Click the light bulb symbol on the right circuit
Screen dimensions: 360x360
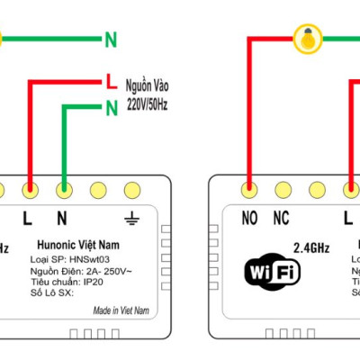(x=309, y=39)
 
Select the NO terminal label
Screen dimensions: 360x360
(x=249, y=217)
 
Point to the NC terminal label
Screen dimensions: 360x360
(x=281, y=217)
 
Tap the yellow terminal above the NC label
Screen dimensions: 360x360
(x=281, y=190)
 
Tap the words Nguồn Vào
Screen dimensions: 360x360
(x=147, y=86)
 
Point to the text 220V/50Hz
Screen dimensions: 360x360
(x=147, y=104)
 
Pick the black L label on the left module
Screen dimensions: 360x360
(x=28, y=217)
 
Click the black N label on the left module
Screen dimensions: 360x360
(x=63, y=217)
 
